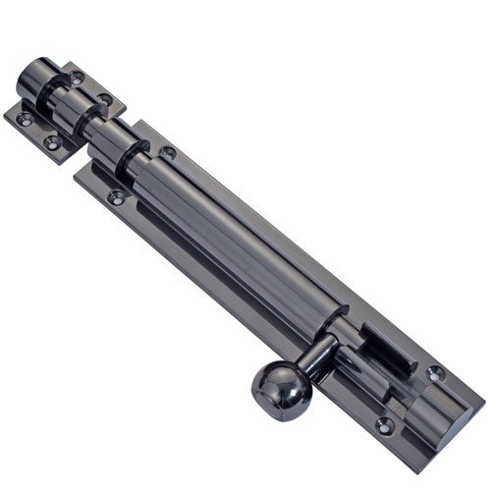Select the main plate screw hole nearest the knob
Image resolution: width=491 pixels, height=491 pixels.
click(x=384, y=424)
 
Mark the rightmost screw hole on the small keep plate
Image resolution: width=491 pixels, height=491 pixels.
click(x=103, y=99)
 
